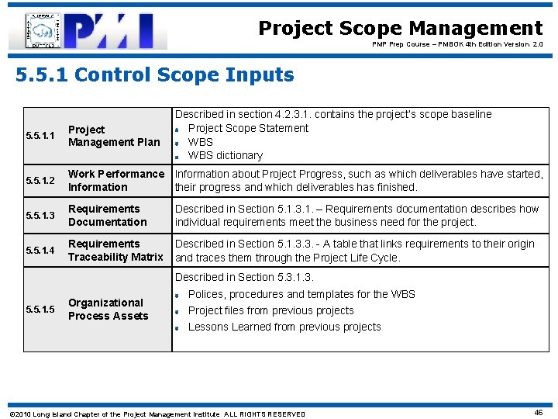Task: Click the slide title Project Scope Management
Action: [x=400, y=29]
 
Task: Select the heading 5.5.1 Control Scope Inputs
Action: [x=156, y=75]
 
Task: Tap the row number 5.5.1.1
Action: [x=40, y=136]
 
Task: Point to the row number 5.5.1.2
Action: [x=40, y=181]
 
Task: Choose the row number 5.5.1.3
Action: [x=40, y=216]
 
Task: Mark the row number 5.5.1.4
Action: [x=40, y=251]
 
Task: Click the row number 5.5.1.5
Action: [x=40, y=310]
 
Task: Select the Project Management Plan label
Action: [x=114, y=136]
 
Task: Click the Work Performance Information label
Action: [x=115, y=181]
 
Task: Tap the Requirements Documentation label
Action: [x=107, y=216]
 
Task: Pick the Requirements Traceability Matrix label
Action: [x=115, y=251]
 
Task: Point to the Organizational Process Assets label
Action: [x=108, y=310]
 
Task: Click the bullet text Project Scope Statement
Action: [x=248, y=128]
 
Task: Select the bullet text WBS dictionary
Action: [x=226, y=155]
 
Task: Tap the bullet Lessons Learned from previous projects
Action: [x=284, y=327]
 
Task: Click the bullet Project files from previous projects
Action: [x=270, y=310]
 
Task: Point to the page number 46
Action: [x=538, y=413]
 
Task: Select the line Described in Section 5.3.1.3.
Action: [x=244, y=277]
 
